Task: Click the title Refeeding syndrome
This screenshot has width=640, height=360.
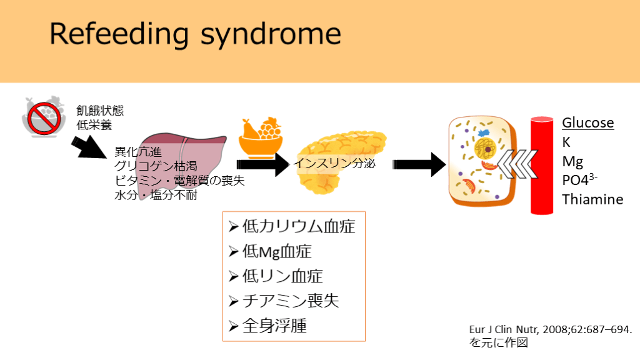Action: pyautogui.click(x=195, y=34)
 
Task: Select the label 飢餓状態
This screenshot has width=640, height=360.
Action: pyautogui.click(x=100, y=111)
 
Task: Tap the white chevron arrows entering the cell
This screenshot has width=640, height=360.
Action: pyautogui.click(x=515, y=166)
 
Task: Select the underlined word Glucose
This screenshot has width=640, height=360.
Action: pyautogui.click(x=587, y=122)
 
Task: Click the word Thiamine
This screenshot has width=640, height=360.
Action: pyautogui.click(x=592, y=199)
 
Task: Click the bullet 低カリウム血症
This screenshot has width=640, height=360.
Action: pyautogui.click(x=297, y=226)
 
